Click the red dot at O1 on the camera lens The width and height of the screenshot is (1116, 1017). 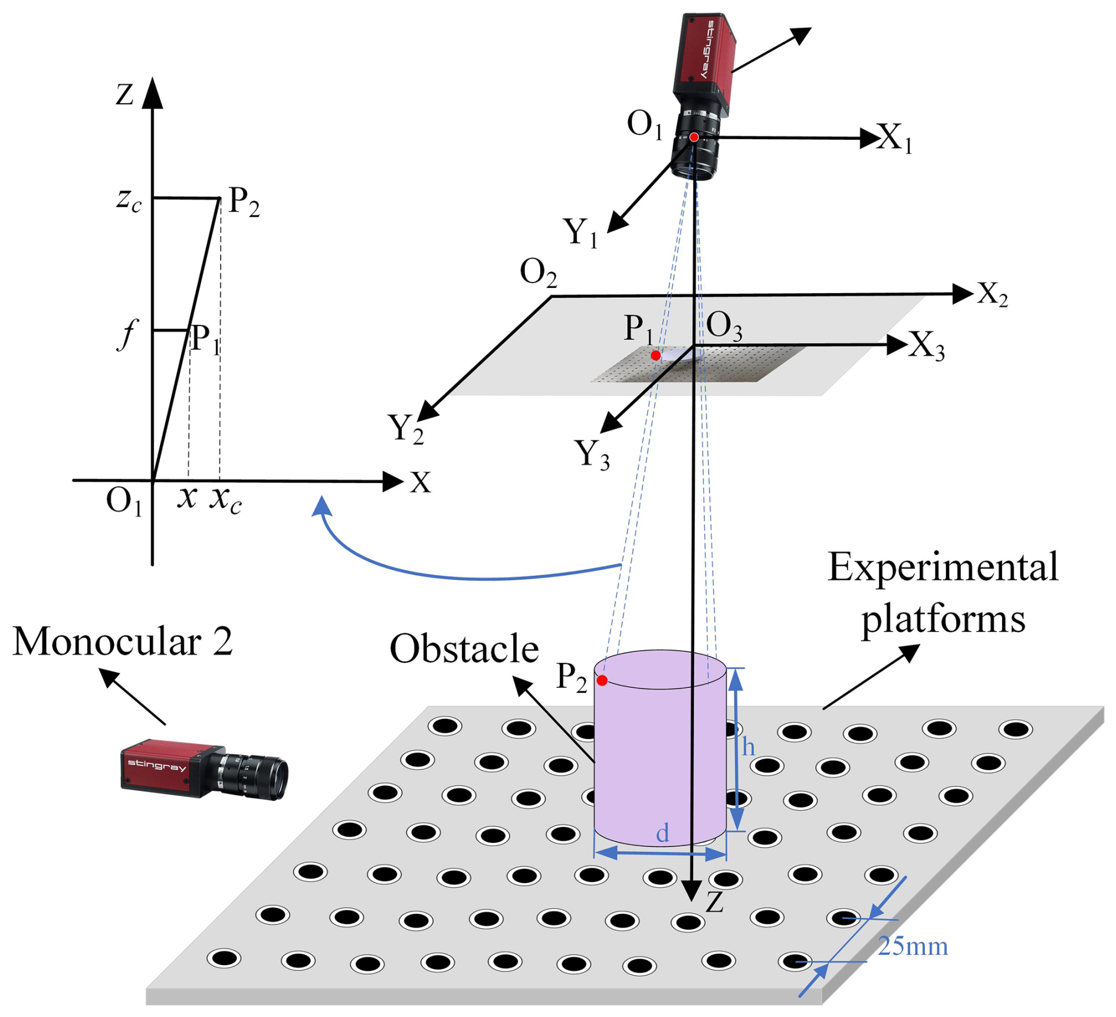point(694,137)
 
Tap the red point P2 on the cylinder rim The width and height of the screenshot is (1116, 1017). point(602,681)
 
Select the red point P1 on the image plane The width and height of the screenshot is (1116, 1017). point(655,356)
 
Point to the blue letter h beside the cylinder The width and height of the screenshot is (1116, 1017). point(748,747)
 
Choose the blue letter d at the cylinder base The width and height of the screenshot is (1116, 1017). point(662,833)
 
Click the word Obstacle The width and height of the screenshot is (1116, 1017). point(464,649)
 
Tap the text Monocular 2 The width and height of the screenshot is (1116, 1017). point(123,641)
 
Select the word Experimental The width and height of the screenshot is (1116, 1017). point(943,567)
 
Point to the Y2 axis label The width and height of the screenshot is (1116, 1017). point(405,428)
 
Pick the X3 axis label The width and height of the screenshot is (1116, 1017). point(926,346)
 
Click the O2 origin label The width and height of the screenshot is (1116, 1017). point(538,274)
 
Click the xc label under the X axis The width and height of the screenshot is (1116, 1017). point(226,500)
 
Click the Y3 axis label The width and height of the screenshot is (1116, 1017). point(592,454)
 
